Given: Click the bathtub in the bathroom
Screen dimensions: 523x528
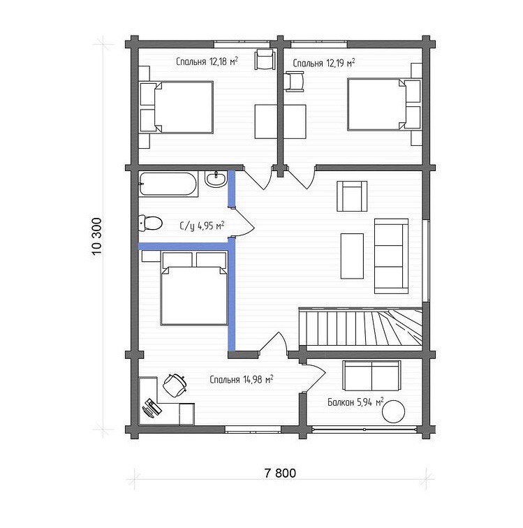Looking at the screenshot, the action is coord(168,184).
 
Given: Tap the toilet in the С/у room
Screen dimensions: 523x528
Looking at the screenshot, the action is coord(150,223).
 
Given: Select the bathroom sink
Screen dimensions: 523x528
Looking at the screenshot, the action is coord(216,179).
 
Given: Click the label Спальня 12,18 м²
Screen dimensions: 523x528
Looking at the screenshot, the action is coord(207,61).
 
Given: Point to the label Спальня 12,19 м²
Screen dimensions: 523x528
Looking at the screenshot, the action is coord(323,63).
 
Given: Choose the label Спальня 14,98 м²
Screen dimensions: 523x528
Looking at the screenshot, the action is coord(241,379).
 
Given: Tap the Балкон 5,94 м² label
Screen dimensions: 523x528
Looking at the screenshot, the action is coord(355,402).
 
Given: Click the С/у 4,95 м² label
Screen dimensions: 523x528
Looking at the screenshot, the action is coord(202,226).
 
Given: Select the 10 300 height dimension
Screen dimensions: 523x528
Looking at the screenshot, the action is coord(96,236).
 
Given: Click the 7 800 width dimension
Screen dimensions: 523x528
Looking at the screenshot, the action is coord(280,473).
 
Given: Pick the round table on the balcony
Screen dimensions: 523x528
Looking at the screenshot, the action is coord(393,411).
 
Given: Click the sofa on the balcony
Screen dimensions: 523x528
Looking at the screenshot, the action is coord(371,376).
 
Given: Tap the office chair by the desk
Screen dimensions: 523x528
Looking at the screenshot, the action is coord(175,385).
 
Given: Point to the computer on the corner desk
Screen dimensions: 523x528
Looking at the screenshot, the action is coord(152,408).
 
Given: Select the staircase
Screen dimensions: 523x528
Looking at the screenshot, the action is coord(361,328).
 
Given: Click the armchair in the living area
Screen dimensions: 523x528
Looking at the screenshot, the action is coord(352,196).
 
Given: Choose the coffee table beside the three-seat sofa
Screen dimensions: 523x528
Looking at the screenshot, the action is coord(352,256).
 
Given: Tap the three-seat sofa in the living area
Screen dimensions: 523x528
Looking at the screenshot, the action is coord(391,256).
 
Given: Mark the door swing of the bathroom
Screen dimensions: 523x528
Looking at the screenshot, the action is coord(244,223).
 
